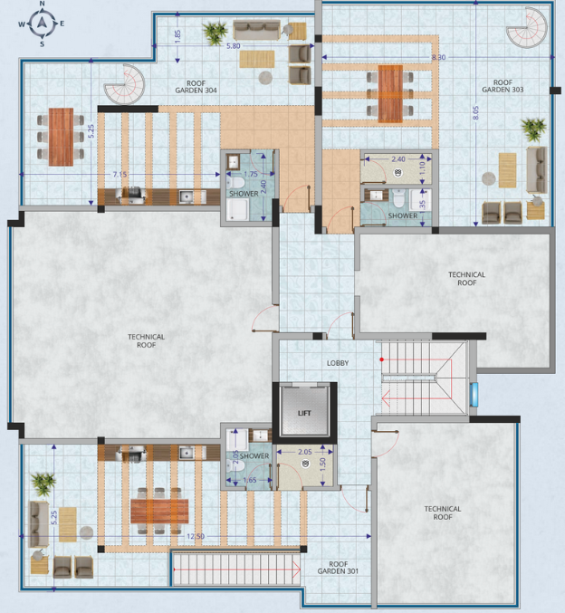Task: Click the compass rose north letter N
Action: pos(43,4)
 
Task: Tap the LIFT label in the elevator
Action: pos(304,413)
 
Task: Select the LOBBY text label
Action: pos(338,363)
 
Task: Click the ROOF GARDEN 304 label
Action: pos(196,87)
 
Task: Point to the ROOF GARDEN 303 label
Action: pos(503,86)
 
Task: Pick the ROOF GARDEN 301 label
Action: pos(338,568)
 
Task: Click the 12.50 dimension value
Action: pos(195,536)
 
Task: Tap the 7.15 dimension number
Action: pos(120,175)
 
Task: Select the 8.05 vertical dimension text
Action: pos(475,113)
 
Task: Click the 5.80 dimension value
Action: pos(233,46)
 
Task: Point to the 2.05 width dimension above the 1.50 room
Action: pos(304,452)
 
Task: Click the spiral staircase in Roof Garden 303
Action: pos(528,28)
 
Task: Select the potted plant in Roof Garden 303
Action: pos(533,129)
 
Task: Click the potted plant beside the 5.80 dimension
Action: pos(215,34)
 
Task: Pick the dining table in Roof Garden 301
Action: pos(159,511)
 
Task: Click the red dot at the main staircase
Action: pos(381,359)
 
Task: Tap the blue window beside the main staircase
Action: pos(474,395)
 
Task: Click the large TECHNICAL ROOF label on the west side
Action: pos(147,340)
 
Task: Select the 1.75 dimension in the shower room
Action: pos(251,175)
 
